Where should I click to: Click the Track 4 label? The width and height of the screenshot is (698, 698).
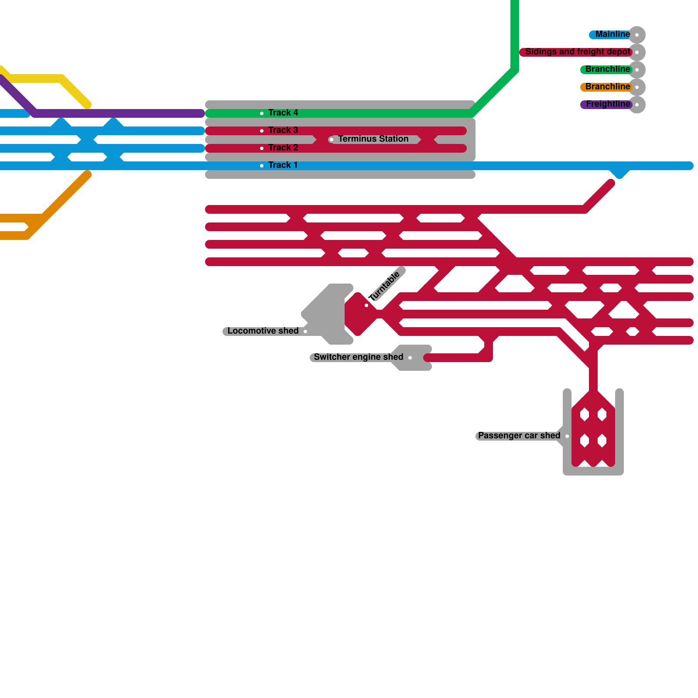coord(283,113)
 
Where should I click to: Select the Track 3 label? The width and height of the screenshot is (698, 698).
coord(283,130)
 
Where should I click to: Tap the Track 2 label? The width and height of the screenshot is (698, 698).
coord(283,148)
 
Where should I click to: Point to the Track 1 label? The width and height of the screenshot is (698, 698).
coord(283,165)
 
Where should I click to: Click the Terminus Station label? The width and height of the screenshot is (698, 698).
coord(373,139)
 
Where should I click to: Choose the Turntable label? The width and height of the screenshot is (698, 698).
coord(384,286)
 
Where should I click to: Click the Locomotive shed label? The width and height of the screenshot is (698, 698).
coord(263,331)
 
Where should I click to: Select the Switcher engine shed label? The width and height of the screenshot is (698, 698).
coord(358,357)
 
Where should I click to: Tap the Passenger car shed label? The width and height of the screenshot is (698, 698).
coord(519,436)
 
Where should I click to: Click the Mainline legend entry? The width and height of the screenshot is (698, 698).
coord(612,34)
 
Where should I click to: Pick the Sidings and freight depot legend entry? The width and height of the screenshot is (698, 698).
coord(578,52)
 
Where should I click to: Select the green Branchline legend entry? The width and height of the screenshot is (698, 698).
coord(607,69)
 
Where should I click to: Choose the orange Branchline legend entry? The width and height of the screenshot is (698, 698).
coord(607,87)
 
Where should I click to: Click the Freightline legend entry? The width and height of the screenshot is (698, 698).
coord(608,104)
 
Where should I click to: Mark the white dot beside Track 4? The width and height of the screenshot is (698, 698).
coord(262,113)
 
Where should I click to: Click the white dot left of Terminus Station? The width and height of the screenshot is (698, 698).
coord(332,140)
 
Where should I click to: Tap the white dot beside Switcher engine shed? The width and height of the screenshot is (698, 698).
coord(410,358)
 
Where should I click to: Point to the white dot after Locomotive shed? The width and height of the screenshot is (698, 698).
coord(305,332)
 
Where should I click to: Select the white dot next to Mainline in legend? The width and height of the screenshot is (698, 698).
coord(637,35)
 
